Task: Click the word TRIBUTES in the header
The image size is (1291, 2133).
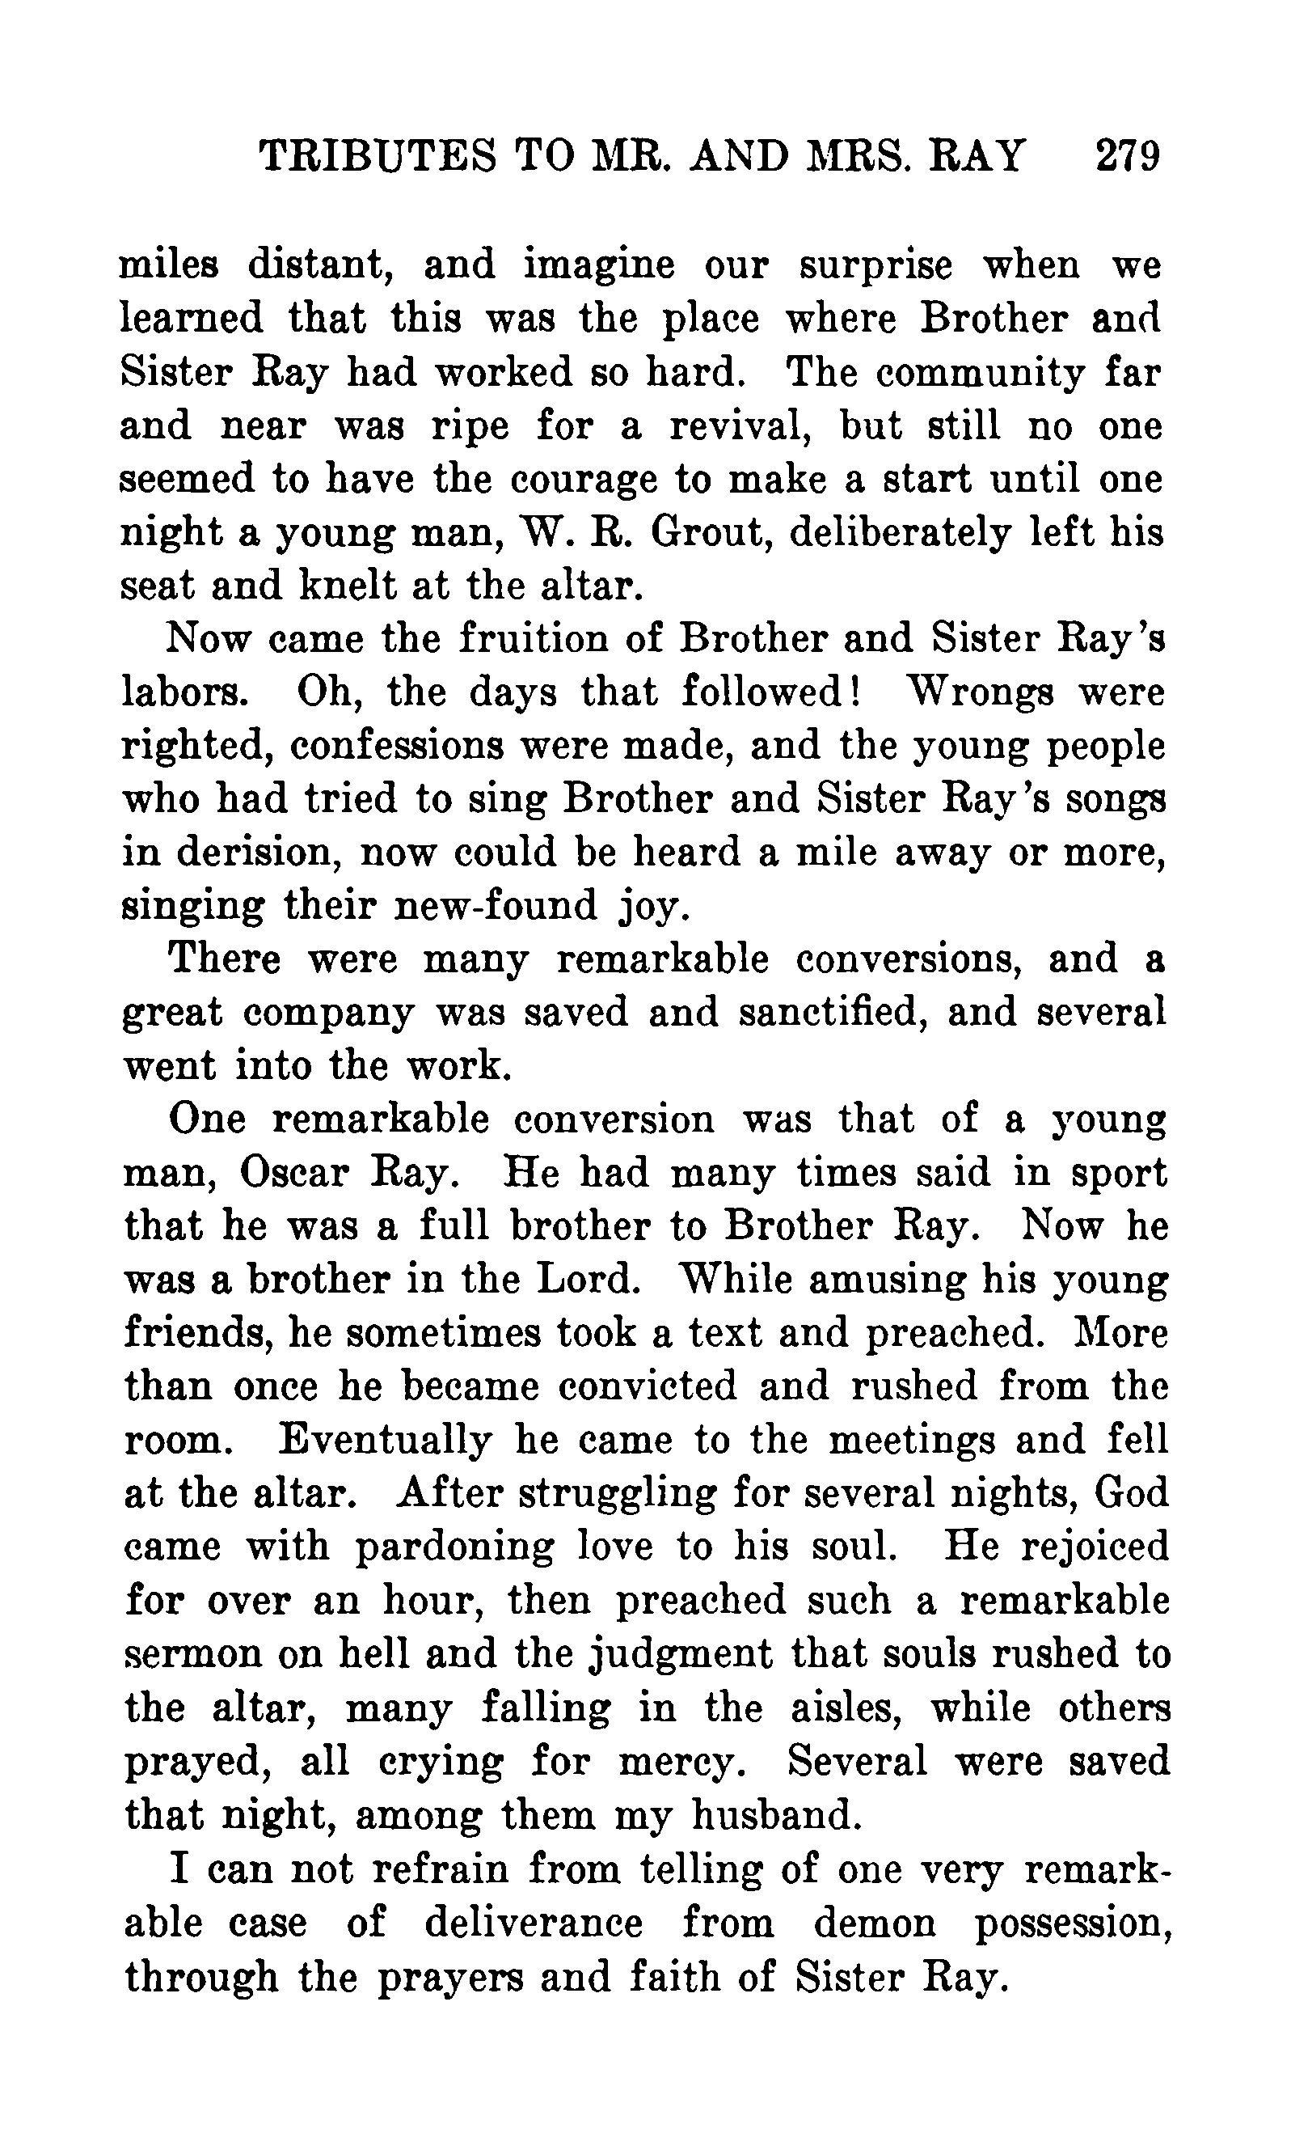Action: point(379,158)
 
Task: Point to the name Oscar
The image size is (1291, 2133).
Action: point(291,1174)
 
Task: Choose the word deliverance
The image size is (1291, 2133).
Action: point(533,1923)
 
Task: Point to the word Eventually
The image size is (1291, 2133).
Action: point(385,1441)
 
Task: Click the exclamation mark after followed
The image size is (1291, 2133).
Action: point(853,692)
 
